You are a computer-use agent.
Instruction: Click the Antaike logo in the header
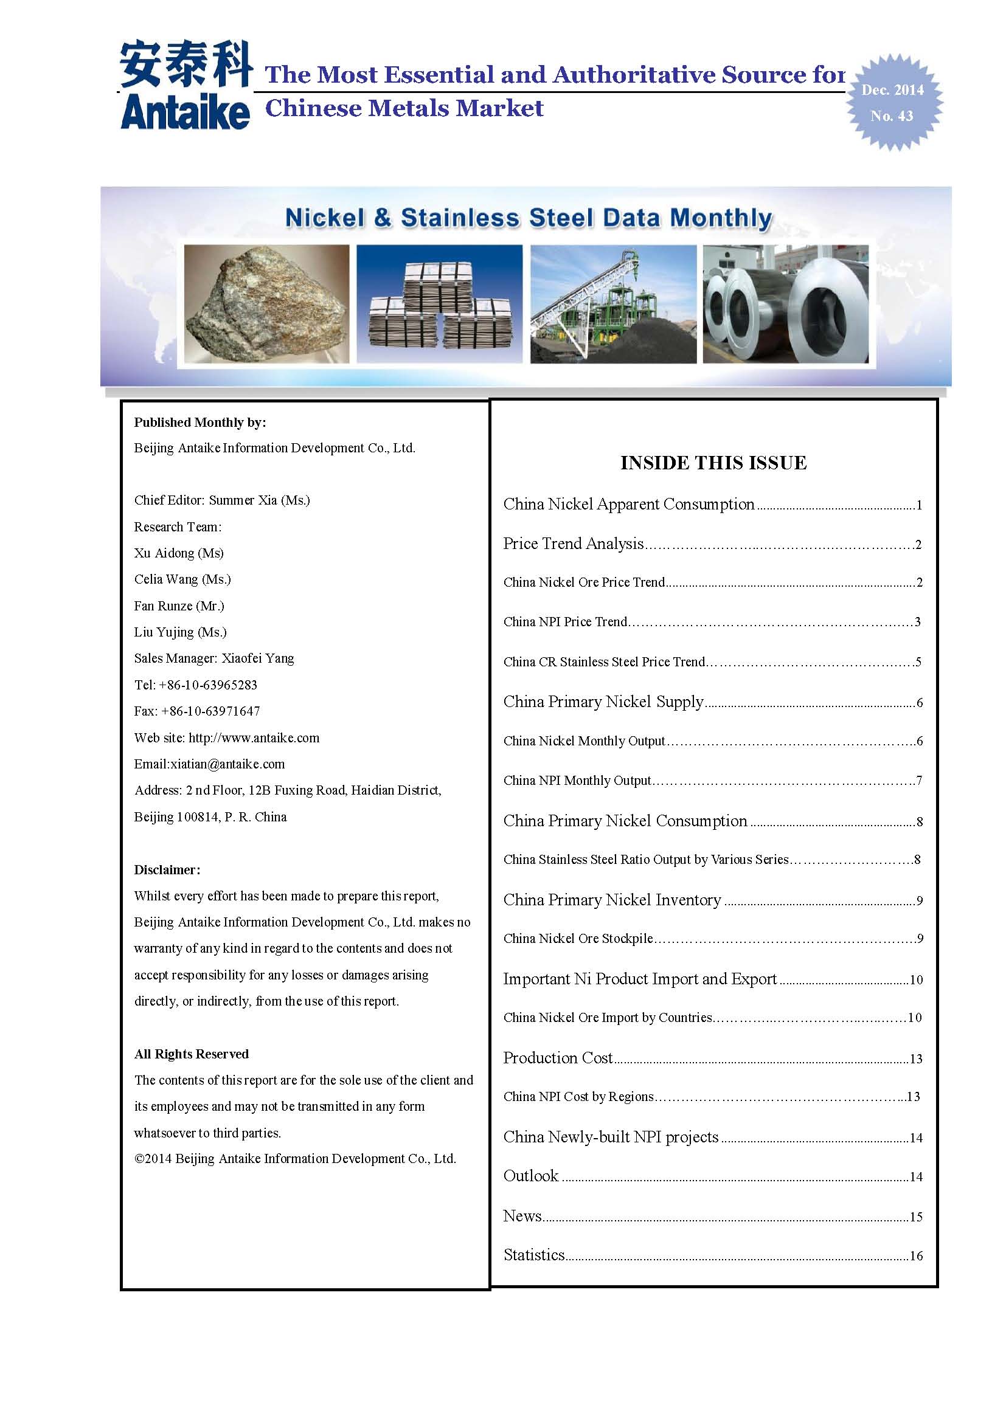click(186, 86)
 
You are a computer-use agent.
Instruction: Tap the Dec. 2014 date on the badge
click(892, 91)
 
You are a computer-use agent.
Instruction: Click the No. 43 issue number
click(892, 116)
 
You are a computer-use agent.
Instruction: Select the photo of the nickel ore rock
click(267, 303)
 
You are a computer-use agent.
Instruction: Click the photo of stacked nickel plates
click(439, 303)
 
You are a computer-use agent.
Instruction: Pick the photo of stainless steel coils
click(785, 303)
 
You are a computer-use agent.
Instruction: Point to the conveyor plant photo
click(613, 303)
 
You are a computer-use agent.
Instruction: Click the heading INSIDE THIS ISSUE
click(713, 463)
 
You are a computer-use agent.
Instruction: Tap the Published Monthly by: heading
click(199, 423)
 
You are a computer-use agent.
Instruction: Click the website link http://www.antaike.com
click(254, 737)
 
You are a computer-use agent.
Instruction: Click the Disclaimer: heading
click(167, 869)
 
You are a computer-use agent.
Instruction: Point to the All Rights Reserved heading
click(192, 1054)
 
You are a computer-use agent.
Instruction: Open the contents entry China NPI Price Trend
click(565, 622)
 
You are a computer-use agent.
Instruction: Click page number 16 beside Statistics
click(915, 1256)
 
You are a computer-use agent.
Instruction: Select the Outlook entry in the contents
click(531, 1176)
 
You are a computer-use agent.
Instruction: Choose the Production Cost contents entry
click(558, 1058)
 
